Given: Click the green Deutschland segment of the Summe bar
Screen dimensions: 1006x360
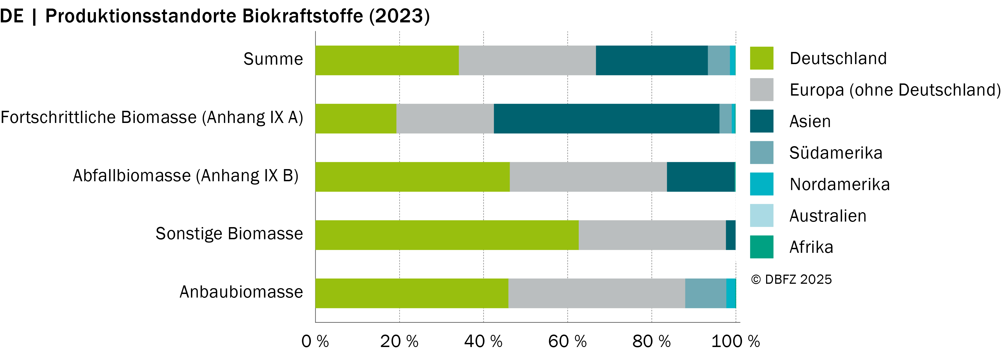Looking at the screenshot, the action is tap(387, 60).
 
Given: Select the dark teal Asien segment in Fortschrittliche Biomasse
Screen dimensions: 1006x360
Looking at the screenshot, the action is tap(606, 118).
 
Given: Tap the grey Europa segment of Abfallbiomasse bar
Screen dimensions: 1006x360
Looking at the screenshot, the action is tap(588, 177).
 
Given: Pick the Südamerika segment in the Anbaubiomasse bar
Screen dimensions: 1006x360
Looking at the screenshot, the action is tap(706, 293).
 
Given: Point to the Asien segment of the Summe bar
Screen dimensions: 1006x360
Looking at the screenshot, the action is tap(652, 60).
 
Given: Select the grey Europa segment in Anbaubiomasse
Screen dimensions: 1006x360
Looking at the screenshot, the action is tap(597, 293).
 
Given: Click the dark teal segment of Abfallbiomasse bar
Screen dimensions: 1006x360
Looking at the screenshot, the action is tap(701, 177).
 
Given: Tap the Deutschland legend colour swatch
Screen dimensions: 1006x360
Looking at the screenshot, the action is tap(761, 58).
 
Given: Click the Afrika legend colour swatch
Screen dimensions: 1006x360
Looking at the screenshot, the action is tap(761, 247).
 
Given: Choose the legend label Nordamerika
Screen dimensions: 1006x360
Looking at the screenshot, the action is tap(840, 184).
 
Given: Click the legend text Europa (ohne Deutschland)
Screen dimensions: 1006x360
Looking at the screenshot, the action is tap(895, 90).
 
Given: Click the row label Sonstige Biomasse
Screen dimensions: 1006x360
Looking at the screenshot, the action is tap(229, 233).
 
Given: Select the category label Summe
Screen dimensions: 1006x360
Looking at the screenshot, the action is tap(273, 59).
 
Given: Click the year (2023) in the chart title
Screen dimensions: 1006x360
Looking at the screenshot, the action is tap(400, 16).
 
